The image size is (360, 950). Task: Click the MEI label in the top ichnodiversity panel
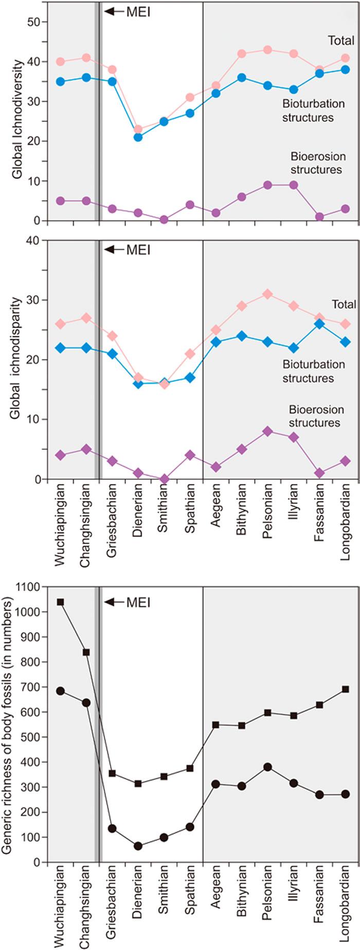(138, 11)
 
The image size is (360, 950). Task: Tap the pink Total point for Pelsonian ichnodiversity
(267, 50)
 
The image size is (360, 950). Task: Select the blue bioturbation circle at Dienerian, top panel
(138, 137)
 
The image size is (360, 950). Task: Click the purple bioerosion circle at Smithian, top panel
(164, 220)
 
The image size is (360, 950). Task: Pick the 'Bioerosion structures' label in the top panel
(316, 163)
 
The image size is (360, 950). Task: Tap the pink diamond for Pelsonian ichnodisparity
(267, 294)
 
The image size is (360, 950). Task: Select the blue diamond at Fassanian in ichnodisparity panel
(319, 324)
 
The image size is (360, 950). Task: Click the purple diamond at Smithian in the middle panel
(164, 479)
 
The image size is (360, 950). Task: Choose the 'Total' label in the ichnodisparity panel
(344, 304)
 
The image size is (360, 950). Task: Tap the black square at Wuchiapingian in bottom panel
(61, 602)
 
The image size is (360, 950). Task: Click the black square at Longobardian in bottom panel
(346, 689)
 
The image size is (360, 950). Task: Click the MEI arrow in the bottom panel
(114, 602)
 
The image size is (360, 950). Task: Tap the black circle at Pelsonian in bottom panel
(267, 767)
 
